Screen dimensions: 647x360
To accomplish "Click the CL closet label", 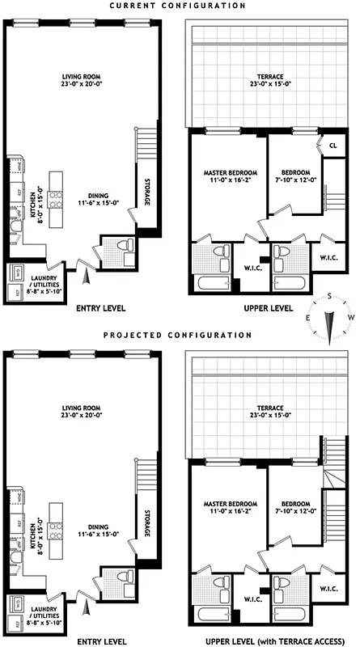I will [x=332, y=146].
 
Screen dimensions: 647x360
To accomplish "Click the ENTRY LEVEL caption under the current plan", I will [x=100, y=308].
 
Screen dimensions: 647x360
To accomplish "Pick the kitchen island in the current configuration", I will [x=57, y=198].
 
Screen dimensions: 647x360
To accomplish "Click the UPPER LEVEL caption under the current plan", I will [x=269, y=309].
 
